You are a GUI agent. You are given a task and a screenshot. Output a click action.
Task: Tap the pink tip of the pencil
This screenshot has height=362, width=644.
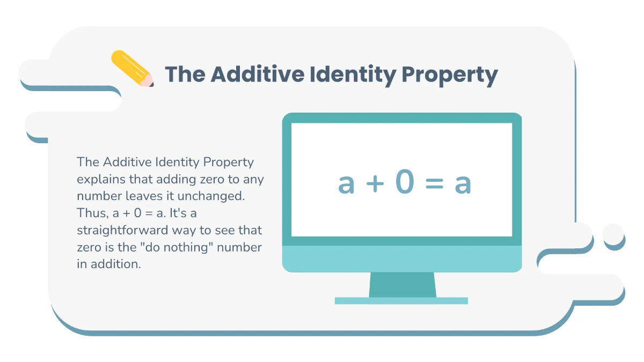147,81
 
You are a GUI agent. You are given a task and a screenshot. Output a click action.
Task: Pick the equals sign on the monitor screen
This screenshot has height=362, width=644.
434,184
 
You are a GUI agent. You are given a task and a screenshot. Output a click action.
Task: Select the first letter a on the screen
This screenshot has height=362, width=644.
347,184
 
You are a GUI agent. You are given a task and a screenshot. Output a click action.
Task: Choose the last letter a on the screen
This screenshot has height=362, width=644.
463,184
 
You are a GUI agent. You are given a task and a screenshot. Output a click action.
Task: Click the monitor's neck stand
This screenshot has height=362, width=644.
402,284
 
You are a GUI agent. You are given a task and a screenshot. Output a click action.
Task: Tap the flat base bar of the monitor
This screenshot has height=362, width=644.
401,301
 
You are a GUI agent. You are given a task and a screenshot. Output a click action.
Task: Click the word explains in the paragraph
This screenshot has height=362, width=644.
99,179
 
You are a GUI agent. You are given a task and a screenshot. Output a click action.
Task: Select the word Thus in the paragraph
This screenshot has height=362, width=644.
91,213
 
